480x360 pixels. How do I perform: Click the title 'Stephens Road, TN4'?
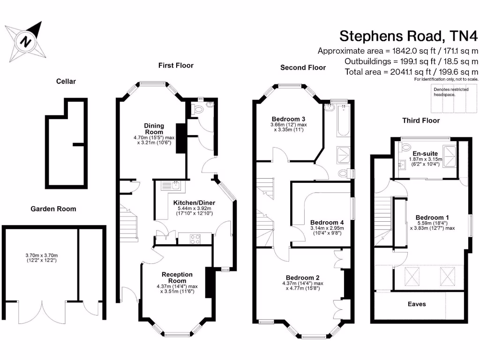pyautogui.click(x=408, y=36)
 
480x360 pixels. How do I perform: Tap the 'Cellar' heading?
pyautogui.click(x=66, y=81)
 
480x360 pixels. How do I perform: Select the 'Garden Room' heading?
pyautogui.click(x=53, y=209)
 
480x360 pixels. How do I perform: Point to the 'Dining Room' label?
pyautogui.click(x=154, y=128)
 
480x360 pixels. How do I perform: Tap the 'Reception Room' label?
pyautogui.click(x=177, y=277)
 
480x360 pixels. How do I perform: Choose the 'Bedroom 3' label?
pyautogui.click(x=288, y=119)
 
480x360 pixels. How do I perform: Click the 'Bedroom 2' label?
pyautogui.click(x=303, y=277)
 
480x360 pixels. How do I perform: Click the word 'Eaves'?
pyautogui.click(x=417, y=304)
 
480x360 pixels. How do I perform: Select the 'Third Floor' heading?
pyautogui.click(x=421, y=120)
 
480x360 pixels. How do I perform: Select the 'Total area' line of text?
pyautogui.click(x=411, y=72)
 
